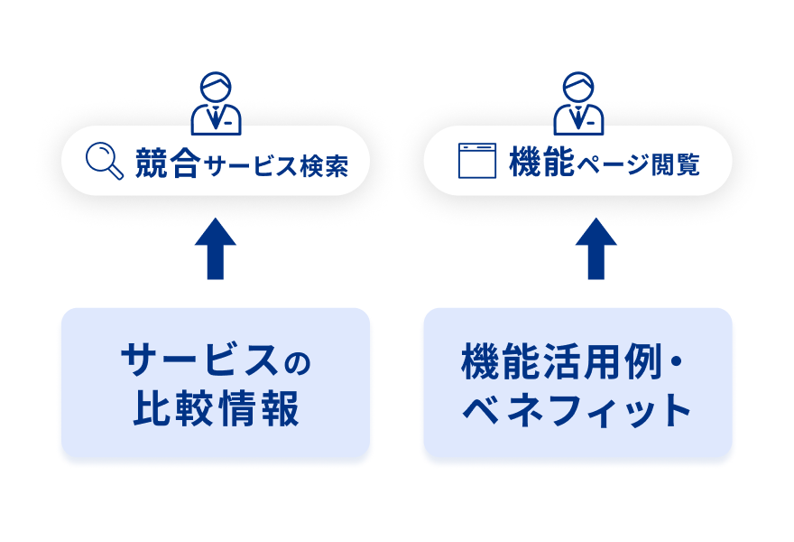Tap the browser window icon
pos(478,161)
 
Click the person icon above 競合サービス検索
pos(216,102)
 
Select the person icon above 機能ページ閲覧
pos(578,102)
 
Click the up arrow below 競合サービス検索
pos(216,248)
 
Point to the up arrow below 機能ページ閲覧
pos(596,248)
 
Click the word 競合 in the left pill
pos(167,164)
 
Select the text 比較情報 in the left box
pos(216,409)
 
